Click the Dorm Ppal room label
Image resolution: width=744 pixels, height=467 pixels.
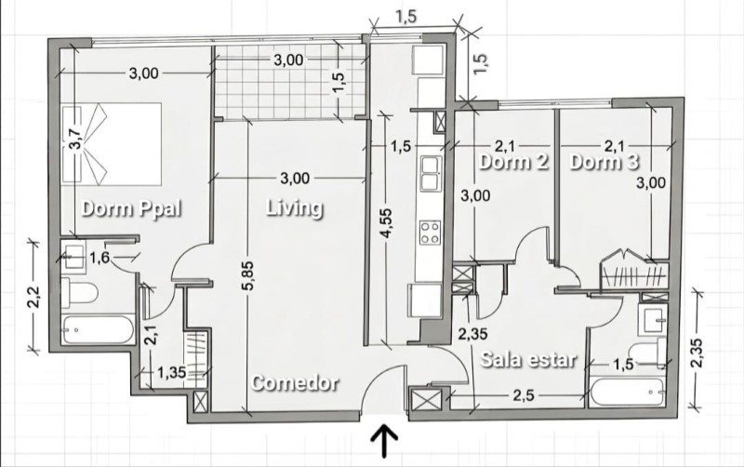tap(131, 208)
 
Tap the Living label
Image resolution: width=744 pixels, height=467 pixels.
tap(295, 208)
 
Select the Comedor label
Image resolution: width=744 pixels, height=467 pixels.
tap(295, 382)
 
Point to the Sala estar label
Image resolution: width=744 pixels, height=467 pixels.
tap(529, 359)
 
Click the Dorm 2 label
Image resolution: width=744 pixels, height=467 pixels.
tap(513, 162)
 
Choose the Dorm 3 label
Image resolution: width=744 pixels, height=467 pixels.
tap(604, 162)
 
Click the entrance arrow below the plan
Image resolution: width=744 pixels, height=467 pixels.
tap(384, 441)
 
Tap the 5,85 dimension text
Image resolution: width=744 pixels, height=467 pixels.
tap(250, 275)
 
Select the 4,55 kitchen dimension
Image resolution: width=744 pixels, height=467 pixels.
tap(388, 224)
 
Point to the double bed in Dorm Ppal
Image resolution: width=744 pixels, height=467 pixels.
tap(112, 143)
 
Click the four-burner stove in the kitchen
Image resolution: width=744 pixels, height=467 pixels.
tap(430, 233)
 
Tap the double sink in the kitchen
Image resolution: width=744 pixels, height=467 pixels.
tap(431, 173)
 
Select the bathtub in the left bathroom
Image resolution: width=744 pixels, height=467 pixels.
tap(98, 329)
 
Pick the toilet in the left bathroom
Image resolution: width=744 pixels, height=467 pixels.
tap(79, 293)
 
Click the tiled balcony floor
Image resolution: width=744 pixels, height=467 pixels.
tap(289, 81)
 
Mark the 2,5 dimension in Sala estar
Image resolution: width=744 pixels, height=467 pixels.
tap(523, 394)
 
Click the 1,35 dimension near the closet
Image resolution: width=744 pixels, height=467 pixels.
tap(172, 372)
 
